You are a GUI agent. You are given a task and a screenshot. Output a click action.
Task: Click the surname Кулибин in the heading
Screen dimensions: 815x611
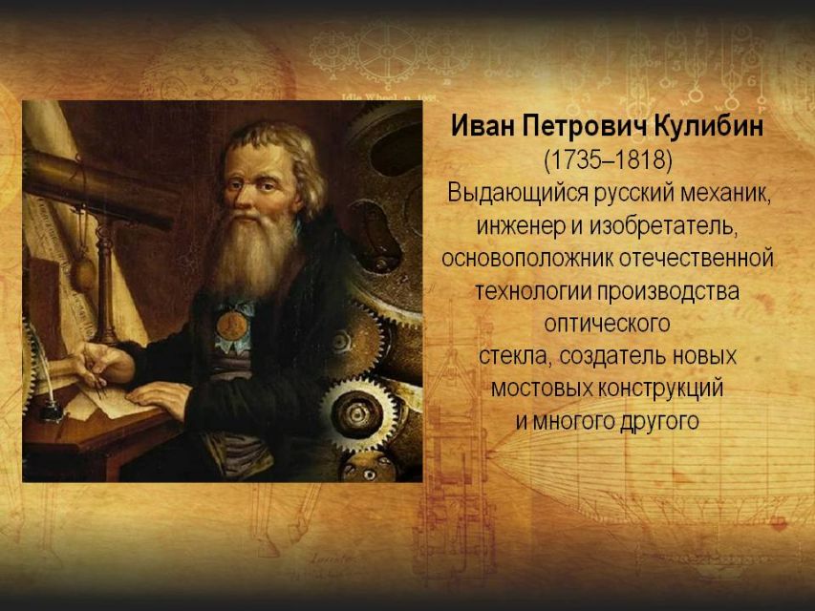(x=707, y=126)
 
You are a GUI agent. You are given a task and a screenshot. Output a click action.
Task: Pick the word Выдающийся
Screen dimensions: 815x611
(x=518, y=193)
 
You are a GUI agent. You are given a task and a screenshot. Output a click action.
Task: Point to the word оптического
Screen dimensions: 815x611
(x=607, y=324)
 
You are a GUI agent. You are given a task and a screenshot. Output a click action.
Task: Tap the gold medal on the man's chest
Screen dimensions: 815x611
(x=232, y=325)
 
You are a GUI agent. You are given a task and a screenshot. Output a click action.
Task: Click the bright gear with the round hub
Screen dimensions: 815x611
(x=358, y=414)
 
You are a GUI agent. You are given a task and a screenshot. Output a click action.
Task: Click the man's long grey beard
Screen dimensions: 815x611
(x=253, y=255)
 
